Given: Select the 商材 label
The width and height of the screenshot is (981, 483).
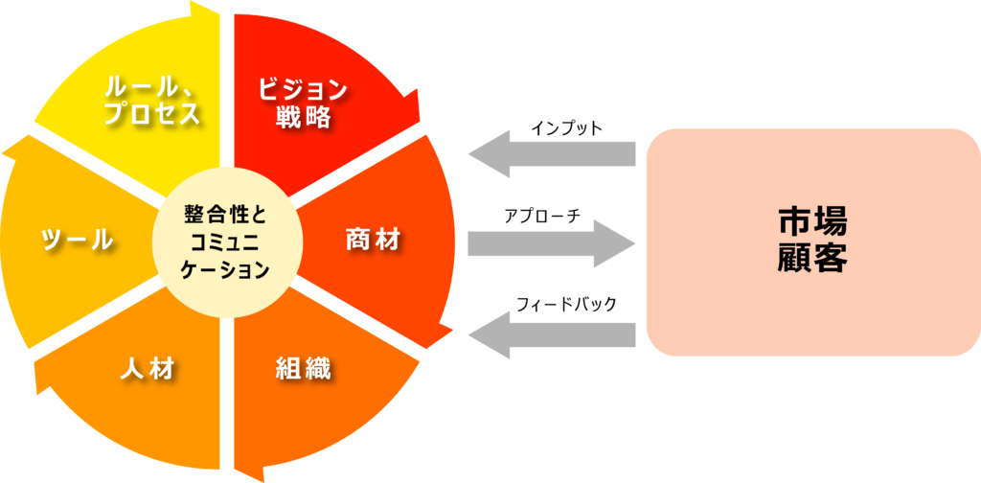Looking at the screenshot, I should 372,241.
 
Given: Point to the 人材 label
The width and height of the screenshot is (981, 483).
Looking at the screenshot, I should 148,368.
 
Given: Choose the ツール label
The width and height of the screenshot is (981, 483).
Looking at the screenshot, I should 77,241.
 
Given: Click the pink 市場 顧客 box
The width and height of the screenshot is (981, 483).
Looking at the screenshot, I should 812,241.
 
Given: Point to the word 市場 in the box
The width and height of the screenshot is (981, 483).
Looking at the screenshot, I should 812,223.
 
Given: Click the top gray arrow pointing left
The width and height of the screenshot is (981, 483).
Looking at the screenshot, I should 552,152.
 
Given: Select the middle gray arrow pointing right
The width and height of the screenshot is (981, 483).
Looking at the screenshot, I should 552,243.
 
